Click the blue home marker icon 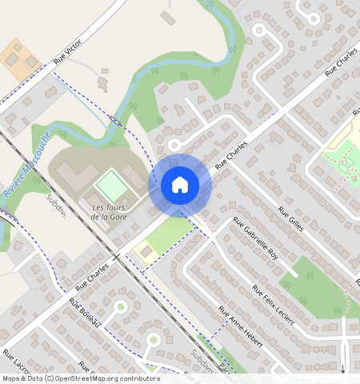(180, 185)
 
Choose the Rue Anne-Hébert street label (241, 326)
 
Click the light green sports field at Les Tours (111, 186)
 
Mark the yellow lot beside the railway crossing (145, 252)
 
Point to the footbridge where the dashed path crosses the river (117, 121)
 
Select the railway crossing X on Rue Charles (117, 258)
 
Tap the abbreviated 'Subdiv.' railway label (57, 206)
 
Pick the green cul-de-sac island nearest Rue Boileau (121, 306)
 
